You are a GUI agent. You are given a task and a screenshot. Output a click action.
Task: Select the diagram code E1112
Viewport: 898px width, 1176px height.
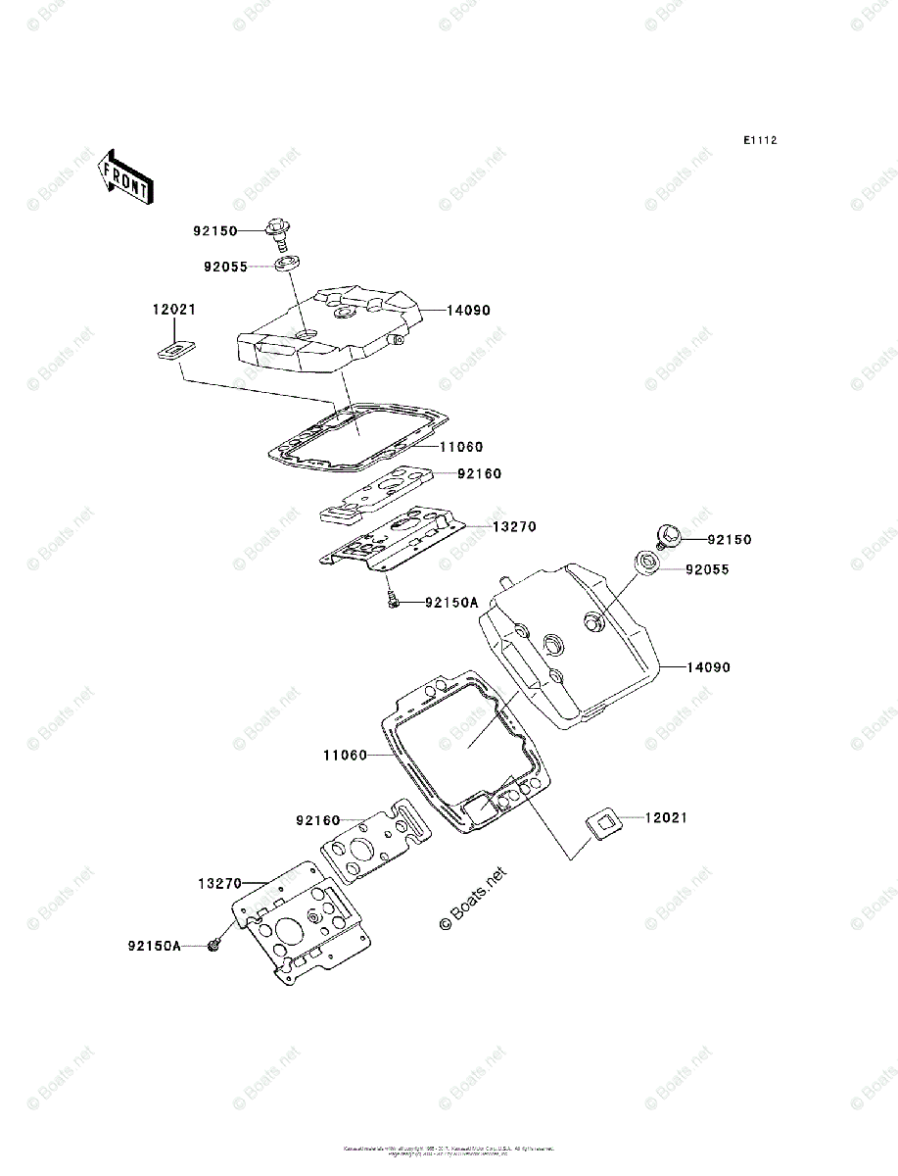coord(759,141)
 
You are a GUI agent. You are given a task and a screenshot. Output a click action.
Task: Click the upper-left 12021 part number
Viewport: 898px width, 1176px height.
coord(173,309)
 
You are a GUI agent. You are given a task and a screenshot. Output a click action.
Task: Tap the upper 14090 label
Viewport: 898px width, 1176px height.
coord(468,311)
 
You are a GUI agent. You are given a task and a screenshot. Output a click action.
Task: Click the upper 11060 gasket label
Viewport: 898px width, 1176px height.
coord(461,447)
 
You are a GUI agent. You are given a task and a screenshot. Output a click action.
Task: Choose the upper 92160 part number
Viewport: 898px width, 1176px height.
coord(479,474)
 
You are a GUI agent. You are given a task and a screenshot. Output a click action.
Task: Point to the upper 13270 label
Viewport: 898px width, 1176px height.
coord(513,526)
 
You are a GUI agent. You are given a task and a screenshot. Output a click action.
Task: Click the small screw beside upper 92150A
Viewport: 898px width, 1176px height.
coord(393,601)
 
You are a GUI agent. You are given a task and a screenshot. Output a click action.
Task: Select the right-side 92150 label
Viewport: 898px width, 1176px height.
coord(730,540)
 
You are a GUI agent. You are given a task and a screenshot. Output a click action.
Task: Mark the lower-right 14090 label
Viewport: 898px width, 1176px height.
coord(708,667)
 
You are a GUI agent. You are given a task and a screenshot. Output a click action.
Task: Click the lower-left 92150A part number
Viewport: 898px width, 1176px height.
coord(154,947)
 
